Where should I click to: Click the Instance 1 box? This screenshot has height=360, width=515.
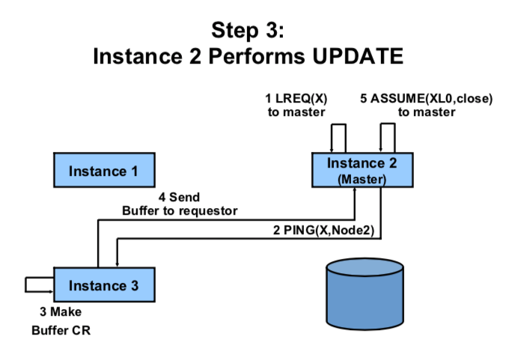pos(105,170)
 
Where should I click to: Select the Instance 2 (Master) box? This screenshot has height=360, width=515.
pos(362,170)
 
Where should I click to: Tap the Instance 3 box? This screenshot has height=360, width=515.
pos(105,284)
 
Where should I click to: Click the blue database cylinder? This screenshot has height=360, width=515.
pos(365,294)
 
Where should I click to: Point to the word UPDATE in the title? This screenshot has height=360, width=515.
pos(358,56)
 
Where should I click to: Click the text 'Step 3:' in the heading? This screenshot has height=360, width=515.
pos(248,30)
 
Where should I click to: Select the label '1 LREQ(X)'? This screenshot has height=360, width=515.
pos(296,98)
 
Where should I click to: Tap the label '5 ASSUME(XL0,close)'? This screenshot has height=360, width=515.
pos(427,98)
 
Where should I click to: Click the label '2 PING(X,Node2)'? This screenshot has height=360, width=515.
pos(323,231)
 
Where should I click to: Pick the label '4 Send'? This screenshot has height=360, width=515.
pos(179,197)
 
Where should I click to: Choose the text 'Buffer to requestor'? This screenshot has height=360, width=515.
pos(180,211)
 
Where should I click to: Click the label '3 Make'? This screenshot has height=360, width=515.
pos(61,311)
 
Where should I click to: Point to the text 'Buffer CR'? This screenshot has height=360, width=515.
pos(61,331)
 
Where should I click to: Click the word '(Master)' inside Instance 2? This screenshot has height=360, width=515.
pos(362,180)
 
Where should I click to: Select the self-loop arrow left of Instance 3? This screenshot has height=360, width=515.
pos(25,284)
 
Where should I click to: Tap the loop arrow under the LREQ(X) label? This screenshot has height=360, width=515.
pos(338,124)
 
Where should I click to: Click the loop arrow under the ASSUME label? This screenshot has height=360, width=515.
pos(388,123)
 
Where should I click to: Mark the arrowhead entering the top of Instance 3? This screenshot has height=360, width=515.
pos(118,264)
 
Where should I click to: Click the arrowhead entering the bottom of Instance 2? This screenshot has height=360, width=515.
pos(355,190)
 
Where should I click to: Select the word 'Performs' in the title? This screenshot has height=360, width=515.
pos(257,56)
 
